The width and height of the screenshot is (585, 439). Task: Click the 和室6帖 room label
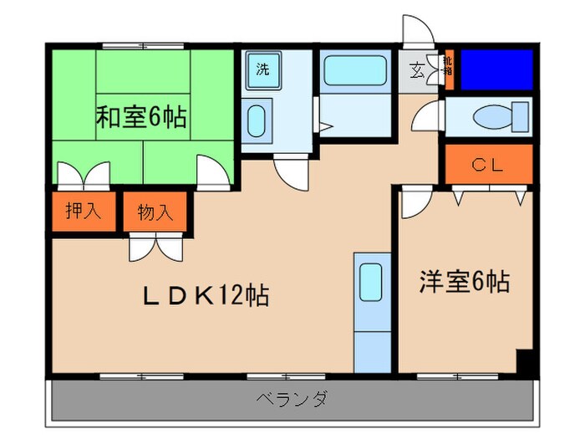[x=140, y=117]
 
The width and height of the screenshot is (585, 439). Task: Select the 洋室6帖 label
[x=464, y=282]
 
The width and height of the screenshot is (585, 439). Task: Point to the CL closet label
[x=487, y=165]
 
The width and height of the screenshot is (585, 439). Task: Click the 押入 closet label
[x=84, y=211]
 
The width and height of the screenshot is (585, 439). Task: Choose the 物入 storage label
[x=155, y=212]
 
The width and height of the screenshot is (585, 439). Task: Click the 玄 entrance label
[x=415, y=69]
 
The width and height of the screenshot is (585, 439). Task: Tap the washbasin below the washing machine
[x=259, y=118]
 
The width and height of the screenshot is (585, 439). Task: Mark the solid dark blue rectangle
[x=496, y=69]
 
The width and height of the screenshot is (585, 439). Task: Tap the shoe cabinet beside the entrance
[x=448, y=71]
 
